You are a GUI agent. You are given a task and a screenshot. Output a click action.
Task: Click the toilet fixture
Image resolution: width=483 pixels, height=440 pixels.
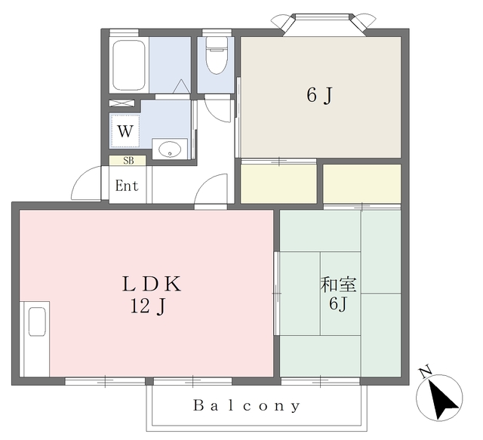(x=217, y=55)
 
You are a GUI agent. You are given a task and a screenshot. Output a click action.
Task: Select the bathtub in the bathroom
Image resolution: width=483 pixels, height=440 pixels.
(x=129, y=66)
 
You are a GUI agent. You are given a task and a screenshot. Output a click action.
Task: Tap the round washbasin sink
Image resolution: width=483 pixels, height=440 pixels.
(x=170, y=149)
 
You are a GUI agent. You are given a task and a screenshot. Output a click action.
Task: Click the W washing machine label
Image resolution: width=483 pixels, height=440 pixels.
(x=125, y=131)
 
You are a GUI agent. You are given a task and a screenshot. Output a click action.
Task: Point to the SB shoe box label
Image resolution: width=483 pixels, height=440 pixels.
(x=128, y=161)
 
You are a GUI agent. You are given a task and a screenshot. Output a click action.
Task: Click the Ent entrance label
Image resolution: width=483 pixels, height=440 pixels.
(x=127, y=186)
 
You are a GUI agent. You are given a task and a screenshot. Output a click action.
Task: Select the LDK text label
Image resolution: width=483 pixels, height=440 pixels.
(x=152, y=284)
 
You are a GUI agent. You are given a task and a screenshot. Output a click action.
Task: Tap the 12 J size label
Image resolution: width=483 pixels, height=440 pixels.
(x=148, y=306)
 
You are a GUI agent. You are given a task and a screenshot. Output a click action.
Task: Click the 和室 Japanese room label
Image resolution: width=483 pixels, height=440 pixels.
(x=338, y=285)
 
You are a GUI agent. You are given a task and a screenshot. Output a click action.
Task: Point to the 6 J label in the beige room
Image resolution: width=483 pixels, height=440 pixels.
(x=320, y=95)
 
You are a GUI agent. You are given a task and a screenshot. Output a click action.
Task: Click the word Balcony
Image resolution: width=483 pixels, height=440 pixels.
(x=247, y=406)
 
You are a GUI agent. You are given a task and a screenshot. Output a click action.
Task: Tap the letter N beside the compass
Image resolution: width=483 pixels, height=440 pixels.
(x=426, y=371)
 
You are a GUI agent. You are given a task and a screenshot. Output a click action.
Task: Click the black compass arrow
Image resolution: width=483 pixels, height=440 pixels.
(x=442, y=398)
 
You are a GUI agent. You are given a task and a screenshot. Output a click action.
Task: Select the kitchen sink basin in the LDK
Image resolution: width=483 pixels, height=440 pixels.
(x=37, y=322)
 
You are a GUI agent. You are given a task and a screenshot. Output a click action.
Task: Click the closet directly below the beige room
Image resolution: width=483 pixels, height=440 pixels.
(x=278, y=184)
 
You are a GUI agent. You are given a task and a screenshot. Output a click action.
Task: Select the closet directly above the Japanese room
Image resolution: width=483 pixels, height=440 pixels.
(x=362, y=183)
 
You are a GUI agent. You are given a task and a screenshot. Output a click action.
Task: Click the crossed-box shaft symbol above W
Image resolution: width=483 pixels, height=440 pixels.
(x=122, y=103)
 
